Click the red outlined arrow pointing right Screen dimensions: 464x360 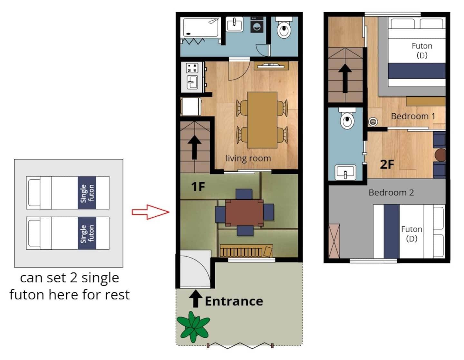tap(150, 212)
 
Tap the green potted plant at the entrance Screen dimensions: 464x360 tap(193, 327)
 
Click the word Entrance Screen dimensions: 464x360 tap(234, 301)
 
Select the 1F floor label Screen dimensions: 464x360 tap(198, 187)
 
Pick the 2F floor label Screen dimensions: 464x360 tap(387, 164)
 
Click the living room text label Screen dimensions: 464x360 tap(248, 158)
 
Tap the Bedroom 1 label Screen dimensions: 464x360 tap(413, 116)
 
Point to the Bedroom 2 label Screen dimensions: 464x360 tap(391, 193)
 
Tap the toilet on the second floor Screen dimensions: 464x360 tap(347, 118)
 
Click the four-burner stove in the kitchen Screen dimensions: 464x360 tap(192, 68)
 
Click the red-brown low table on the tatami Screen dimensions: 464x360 tap(244, 213)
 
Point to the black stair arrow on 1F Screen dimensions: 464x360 tap(195, 147)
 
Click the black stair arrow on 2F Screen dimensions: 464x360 tap(345, 79)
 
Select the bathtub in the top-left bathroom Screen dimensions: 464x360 tap(200, 27)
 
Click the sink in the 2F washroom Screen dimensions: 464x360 tap(345, 172)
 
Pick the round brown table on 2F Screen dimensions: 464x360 tap(440, 155)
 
